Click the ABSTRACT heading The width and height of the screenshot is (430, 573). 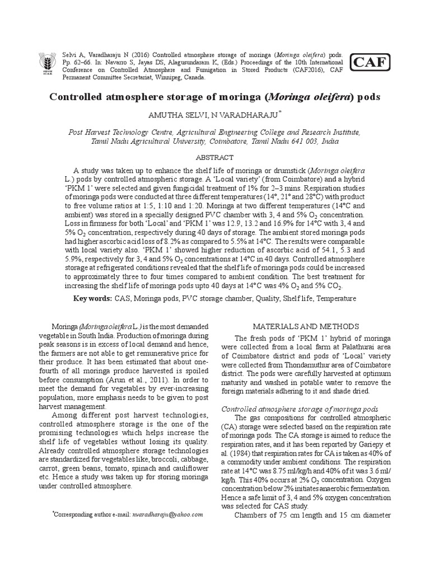(215, 158)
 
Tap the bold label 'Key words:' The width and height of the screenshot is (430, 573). (92, 299)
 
